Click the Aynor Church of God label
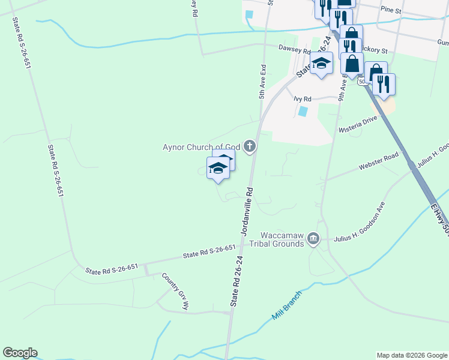click(202, 147)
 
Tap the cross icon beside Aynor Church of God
click(250, 146)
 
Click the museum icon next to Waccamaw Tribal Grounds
click(313, 239)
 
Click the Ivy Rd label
click(303, 99)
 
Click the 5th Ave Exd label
click(262, 83)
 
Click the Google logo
click(20, 353)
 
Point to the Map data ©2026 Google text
click(412, 355)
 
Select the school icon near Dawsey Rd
click(322, 63)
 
